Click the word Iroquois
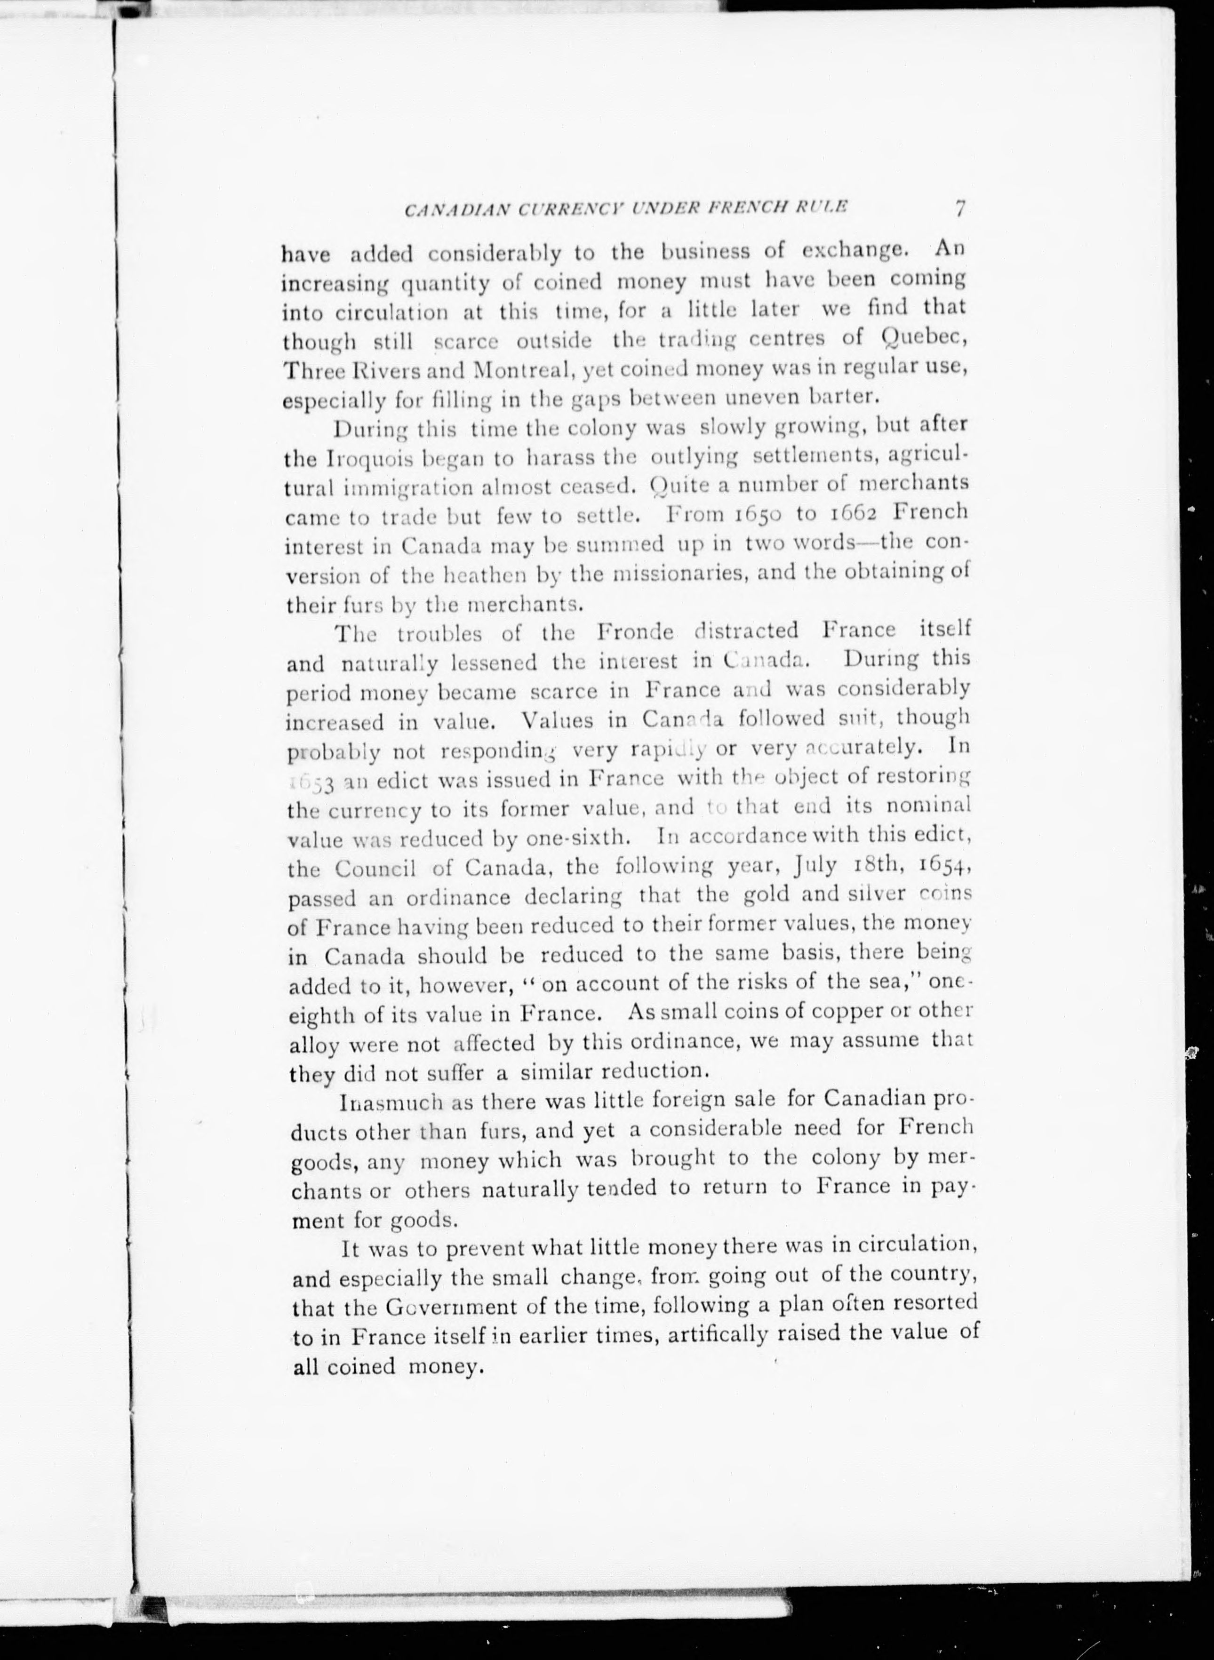351,459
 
